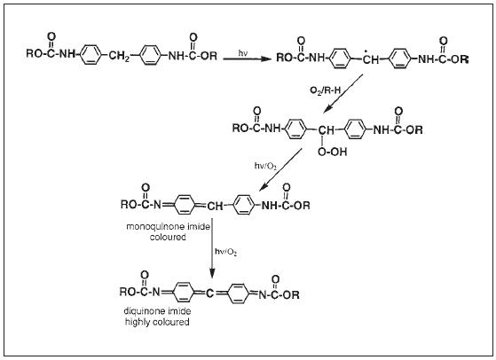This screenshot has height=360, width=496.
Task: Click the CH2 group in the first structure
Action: tap(119, 57)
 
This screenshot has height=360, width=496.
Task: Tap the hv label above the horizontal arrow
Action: tap(242, 53)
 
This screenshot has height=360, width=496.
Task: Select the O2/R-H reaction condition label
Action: tap(325, 90)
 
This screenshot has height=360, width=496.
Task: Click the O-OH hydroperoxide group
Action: tap(332, 152)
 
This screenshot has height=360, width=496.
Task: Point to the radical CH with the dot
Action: tap(370, 59)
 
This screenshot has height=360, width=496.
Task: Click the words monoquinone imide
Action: tap(168, 227)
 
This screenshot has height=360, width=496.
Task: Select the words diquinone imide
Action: tap(157, 311)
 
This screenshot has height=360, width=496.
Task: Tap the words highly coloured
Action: tap(157, 322)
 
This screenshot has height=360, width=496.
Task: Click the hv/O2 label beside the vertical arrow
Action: tap(226, 252)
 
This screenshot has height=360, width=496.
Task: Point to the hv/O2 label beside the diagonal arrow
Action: tap(265, 166)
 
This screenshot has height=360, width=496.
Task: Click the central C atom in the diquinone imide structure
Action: tap(209, 294)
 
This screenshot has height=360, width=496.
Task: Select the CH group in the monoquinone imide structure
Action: tap(215, 207)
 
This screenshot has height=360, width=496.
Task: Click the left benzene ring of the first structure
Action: tap(91, 55)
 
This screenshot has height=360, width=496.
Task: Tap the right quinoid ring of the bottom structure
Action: tap(238, 293)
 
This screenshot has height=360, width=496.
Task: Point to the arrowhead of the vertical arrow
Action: tap(212, 273)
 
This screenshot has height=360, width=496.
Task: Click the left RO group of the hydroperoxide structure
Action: tap(240, 128)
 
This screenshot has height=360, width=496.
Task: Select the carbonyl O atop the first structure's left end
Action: tap(51, 36)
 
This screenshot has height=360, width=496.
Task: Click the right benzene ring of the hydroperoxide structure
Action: tap(355, 129)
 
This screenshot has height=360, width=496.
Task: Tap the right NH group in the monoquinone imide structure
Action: tap(270, 206)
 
